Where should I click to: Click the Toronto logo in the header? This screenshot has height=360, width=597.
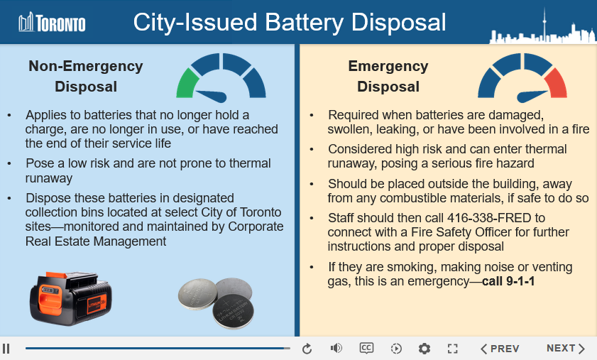coord(52,23)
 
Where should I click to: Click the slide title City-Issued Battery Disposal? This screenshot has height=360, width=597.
coord(290,22)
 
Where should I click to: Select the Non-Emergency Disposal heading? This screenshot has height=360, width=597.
coord(86,77)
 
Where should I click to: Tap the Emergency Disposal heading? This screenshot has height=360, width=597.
coord(388,77)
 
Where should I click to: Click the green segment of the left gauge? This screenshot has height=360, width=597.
coord(186,84)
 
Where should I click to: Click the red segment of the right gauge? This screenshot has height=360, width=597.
coord(556,84)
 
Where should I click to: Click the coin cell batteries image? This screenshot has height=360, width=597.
coord(215,302)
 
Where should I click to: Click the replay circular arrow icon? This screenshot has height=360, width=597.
coord(307,349)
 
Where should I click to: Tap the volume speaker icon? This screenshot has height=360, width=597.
coord(336,348)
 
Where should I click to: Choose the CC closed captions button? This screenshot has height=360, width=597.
coord(366,348)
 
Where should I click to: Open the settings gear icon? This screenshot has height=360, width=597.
coord(425,349)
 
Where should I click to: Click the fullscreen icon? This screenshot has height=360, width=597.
coord(453,349)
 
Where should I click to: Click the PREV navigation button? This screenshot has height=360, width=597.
coord(500,349)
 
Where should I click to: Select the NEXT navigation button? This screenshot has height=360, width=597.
coord(565,349)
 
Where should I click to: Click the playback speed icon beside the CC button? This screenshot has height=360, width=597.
coord(396,349)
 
